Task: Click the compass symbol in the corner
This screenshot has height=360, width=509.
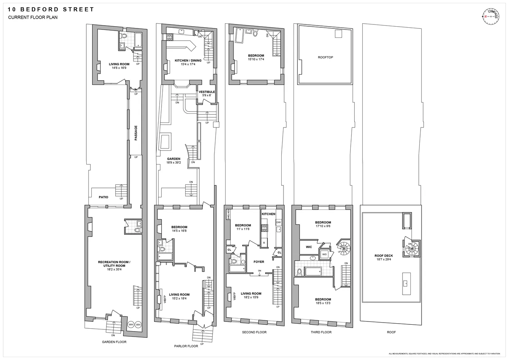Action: pyautogui.click(x=491, y=16)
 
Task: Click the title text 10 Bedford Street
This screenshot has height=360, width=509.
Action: pyautogui.click(x=51, y=10)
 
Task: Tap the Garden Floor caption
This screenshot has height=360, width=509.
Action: pyautogui.click(x=114, y=342)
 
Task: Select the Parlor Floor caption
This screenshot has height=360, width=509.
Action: pyautogui.click(x=186, y=346)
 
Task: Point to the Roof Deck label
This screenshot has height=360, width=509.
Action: pyautogui.click(x=383, y=256)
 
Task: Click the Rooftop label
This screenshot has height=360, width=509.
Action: pyautogui.click(x=325, y=57)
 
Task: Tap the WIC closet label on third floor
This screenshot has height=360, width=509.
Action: pyautogui.click(x=309, y=247)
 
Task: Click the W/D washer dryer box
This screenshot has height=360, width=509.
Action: pyautogui.click(x=324, y=254)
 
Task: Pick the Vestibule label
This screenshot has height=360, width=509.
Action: pyautogui.click(x=206, y=92)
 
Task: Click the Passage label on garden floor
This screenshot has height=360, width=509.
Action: pyautogui.click(x=136, y=133)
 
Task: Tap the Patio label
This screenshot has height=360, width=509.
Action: pyautogui.click(x=104, y=197)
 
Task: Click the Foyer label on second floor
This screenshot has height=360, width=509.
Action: pyautogui.click(x=259, y=262)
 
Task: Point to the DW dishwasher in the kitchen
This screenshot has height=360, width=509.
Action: pyautogui.click(x=278, y=222)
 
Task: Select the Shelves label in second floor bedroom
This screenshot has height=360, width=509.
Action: pyautogui.click(x=228, y=215)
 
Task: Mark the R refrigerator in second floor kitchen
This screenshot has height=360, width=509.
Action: pyautogui.click(x=264, y=242)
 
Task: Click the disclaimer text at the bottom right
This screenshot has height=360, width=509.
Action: pyautogui.click(x=445, y=354)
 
